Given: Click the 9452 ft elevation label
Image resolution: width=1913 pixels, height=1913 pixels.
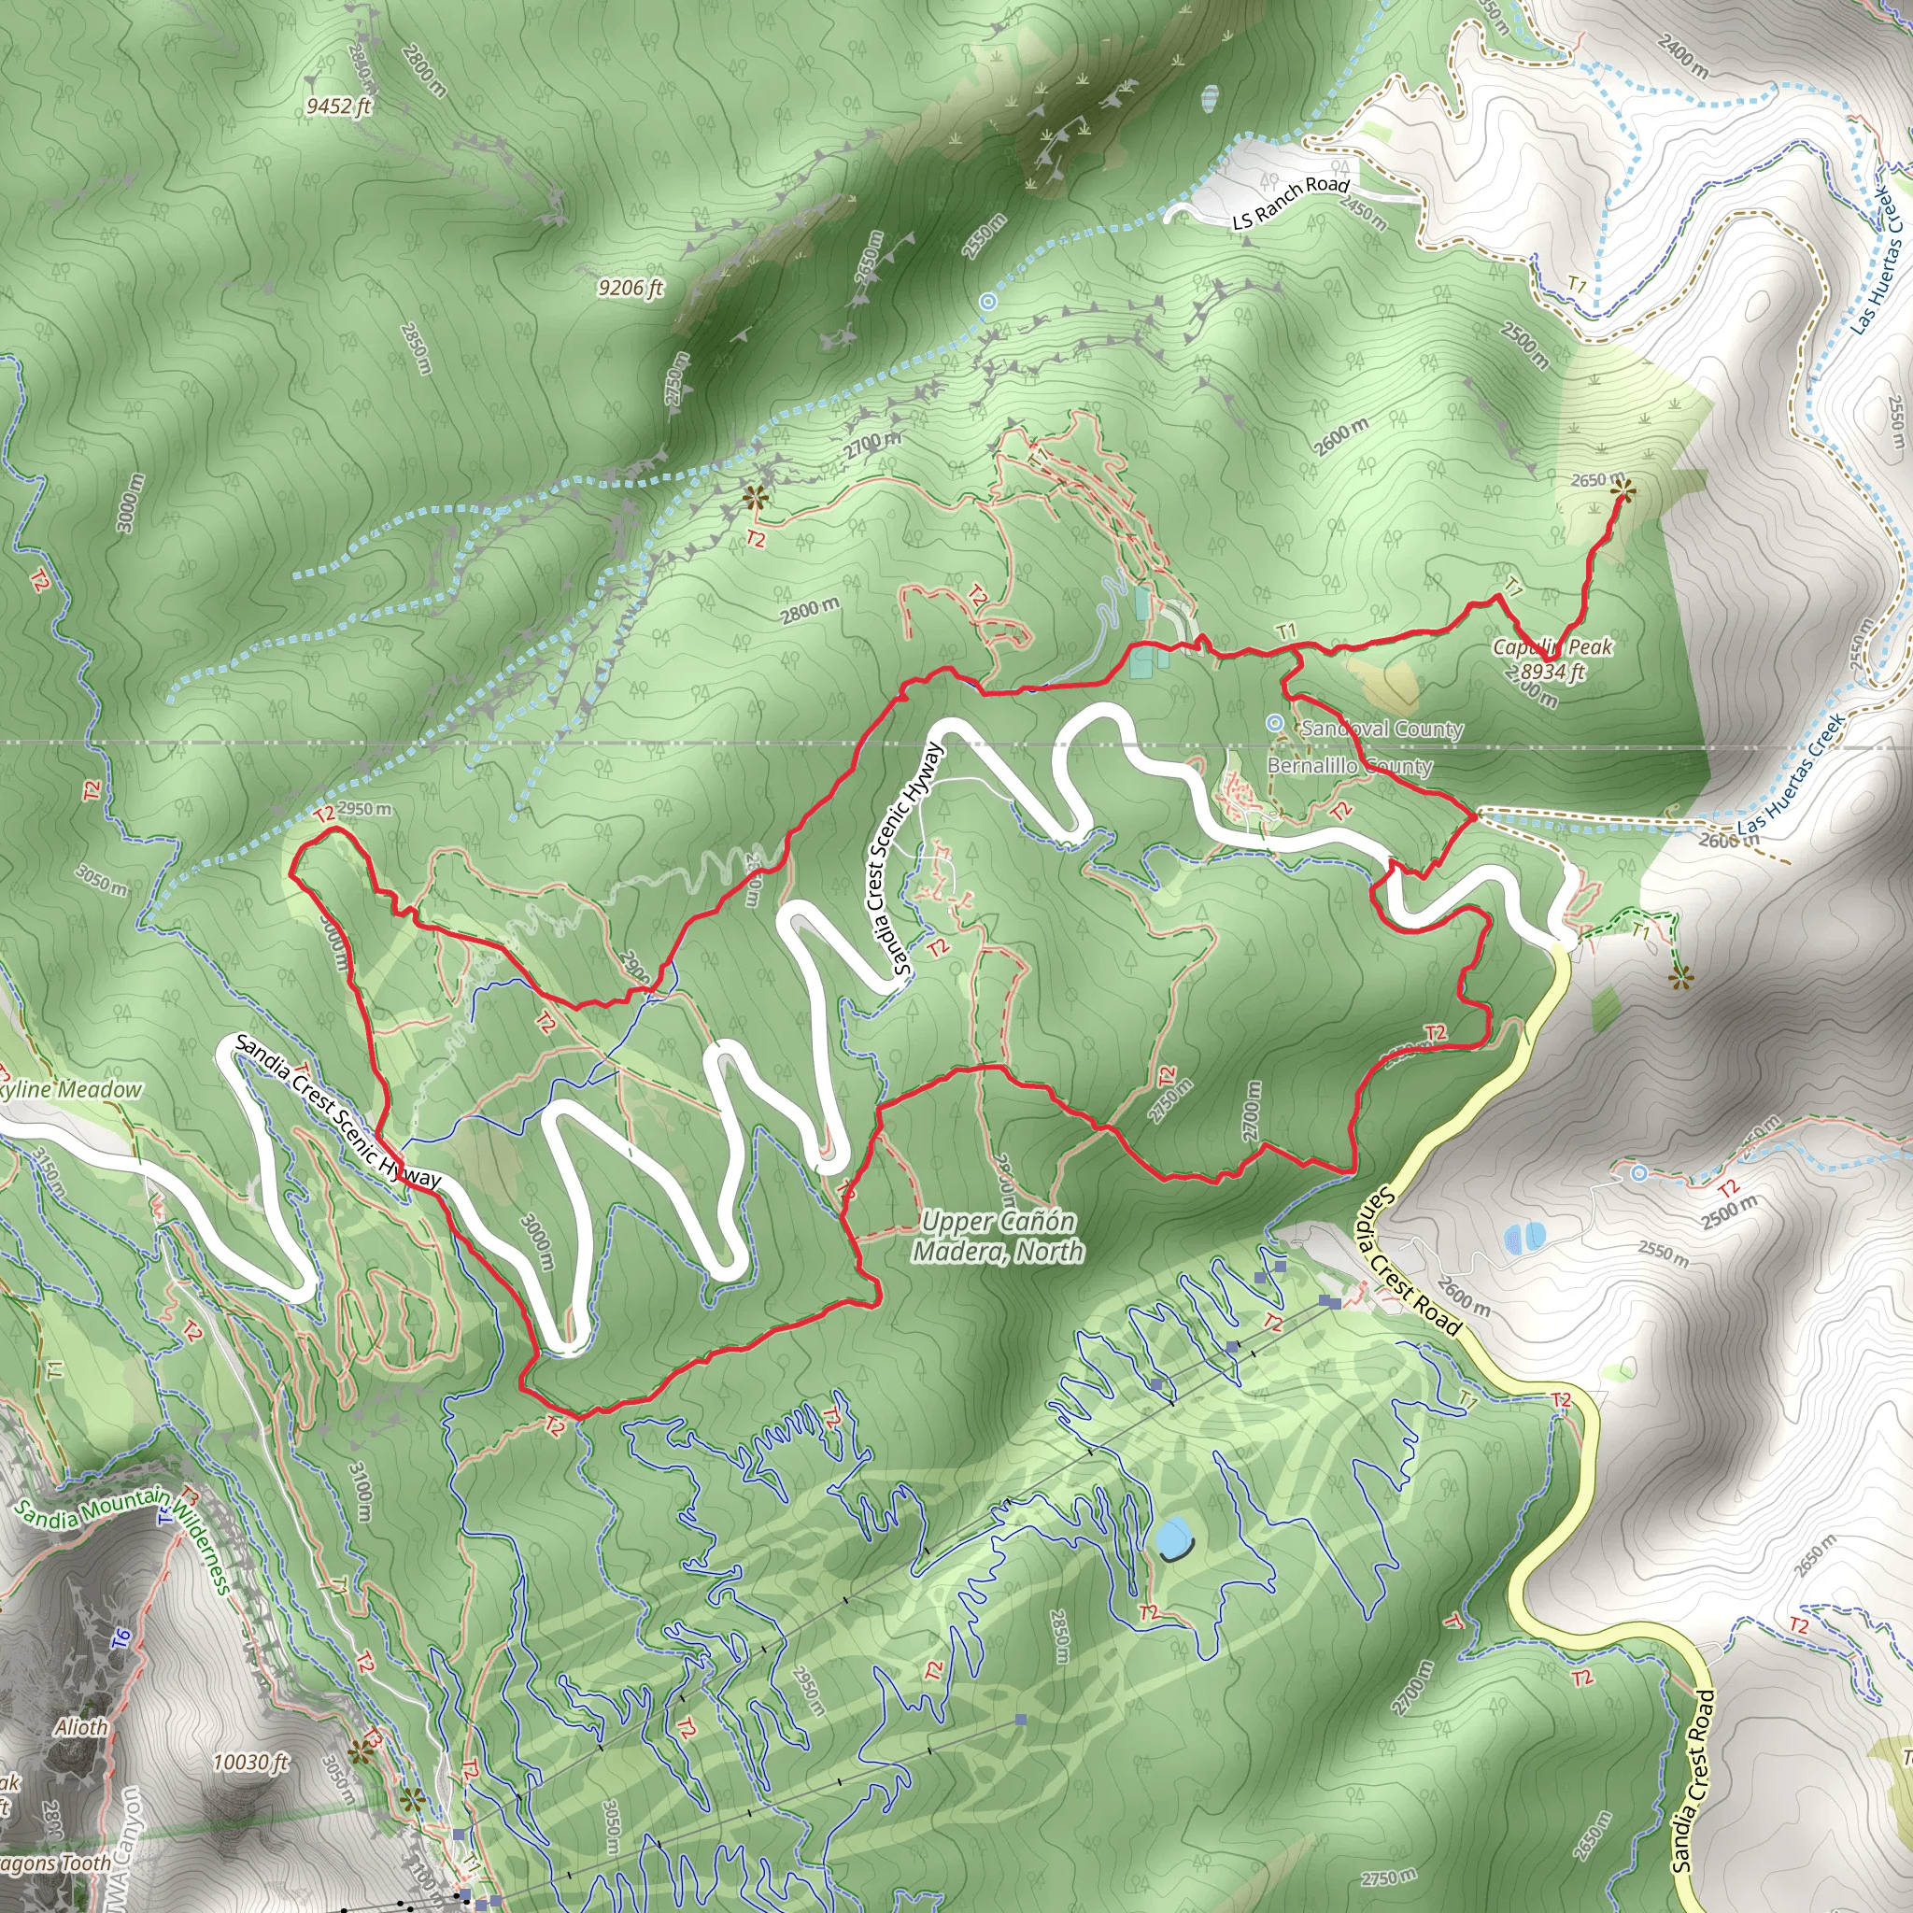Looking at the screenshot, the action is coord(339,105).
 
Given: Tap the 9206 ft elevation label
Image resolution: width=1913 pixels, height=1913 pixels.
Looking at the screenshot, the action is coord(631,288).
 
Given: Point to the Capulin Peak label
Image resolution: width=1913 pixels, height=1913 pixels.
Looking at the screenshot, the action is coord(1552,647).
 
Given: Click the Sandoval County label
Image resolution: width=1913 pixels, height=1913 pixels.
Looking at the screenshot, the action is coord(1382,729).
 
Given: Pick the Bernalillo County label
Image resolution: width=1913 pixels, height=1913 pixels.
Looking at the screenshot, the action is coord(1350,766).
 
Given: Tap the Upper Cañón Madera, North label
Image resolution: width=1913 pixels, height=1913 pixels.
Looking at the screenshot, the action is coord(999,1237).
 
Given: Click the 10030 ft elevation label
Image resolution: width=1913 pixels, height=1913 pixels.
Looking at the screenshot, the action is coord(250,1762).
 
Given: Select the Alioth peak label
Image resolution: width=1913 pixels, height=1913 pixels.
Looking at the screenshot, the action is coord(81,1727).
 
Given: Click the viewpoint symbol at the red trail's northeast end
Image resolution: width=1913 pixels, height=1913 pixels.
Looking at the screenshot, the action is coord(1622,489).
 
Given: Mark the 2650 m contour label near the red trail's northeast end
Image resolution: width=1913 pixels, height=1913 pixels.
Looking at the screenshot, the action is coord(1597,479).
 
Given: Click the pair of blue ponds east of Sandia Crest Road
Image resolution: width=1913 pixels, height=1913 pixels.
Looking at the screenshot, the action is coord(1523,1237).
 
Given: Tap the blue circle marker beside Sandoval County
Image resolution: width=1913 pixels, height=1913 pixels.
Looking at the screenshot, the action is coord(1276,724).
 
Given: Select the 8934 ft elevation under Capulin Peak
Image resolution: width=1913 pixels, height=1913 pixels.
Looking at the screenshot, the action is coord(1552,673).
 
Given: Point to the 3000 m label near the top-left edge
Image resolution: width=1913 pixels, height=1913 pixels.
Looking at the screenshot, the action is coord(131,503).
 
